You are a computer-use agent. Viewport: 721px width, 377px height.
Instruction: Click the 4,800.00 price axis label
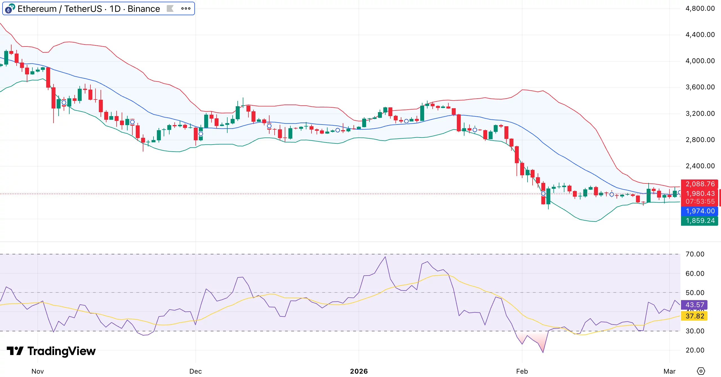point(700,8)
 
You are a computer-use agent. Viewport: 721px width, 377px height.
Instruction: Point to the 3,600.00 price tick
point(700,87)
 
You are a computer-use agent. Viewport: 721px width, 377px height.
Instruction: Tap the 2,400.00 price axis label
point(700,166)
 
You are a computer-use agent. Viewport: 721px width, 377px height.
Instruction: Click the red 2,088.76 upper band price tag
point(700,184)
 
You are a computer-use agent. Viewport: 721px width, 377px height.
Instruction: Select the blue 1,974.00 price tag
point(700,211)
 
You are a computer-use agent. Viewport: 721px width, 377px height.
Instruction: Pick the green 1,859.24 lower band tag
point(700,221)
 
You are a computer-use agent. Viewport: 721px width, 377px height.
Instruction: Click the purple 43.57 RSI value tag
point(695,305)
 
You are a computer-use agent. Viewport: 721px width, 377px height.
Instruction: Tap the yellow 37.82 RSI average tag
point(695,316)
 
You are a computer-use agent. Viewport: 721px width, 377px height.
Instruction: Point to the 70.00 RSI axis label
point(695,254)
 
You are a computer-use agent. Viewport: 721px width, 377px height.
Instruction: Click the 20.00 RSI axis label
point(695,350)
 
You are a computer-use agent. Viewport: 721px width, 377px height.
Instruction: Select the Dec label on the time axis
point(195,371)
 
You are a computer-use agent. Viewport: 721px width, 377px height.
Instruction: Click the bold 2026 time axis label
point(359,371)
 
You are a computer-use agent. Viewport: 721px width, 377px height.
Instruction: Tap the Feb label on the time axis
point(522,371)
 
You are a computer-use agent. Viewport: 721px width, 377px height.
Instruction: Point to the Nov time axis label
point(37,371)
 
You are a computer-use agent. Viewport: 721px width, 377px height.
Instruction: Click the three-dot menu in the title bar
point(186,8)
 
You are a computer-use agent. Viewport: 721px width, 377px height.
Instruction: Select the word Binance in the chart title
point(144,9)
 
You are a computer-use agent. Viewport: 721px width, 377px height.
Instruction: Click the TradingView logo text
point(61,351)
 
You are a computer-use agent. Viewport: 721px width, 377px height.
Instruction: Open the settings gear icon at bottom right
point(701,371)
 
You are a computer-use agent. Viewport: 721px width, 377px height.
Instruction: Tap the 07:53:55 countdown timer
point(700,201)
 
